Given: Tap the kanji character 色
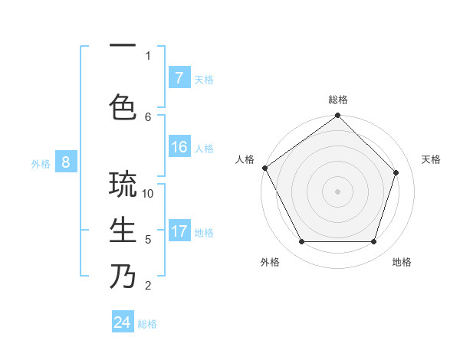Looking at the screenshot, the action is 123,107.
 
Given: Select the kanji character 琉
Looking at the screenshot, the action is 123,185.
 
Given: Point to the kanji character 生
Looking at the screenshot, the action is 123,231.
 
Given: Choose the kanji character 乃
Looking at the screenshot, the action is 123,276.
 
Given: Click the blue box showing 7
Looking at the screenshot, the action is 179,77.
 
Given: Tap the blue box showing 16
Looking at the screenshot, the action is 179,147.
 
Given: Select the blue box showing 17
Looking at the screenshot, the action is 179,231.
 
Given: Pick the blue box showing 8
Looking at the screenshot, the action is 66,162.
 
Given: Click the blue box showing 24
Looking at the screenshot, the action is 123,322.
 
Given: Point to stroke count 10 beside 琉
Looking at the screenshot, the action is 149,193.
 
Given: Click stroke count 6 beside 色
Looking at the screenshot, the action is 148,116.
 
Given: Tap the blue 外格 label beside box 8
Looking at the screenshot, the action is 41,162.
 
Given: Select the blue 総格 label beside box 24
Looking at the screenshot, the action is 147,323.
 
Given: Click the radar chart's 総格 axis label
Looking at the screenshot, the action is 338,100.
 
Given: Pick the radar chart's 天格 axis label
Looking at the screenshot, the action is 431,159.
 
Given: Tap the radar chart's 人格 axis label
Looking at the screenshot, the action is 245,159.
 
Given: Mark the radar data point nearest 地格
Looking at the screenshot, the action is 373,242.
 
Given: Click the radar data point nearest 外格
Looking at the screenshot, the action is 301,242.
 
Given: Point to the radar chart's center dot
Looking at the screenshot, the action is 337,191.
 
